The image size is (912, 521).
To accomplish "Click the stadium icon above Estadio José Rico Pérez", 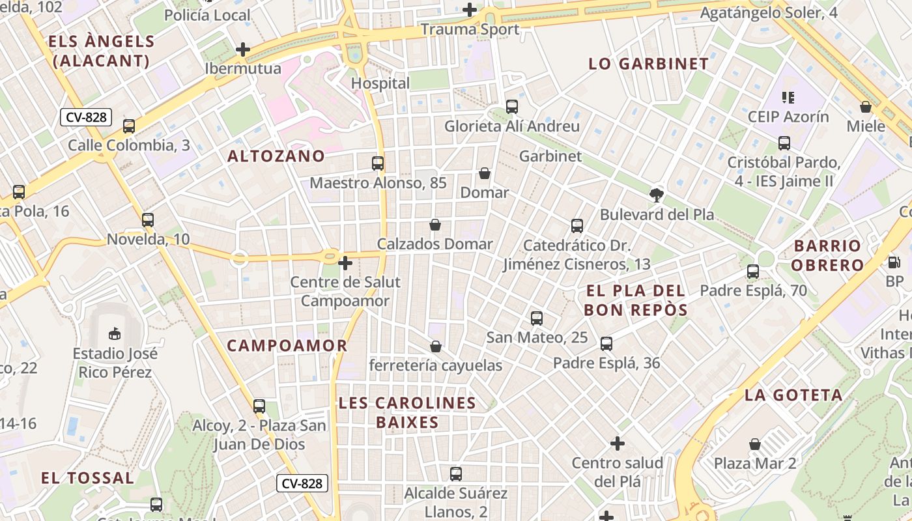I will (115, 334).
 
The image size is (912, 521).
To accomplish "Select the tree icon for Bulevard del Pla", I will (657, 194).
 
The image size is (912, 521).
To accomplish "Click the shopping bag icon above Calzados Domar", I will (435, 225).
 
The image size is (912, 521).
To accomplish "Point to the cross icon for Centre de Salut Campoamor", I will (345, 263).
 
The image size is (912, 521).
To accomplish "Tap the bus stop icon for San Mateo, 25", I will (537, 318).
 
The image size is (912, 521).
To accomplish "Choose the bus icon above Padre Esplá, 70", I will (753, 272).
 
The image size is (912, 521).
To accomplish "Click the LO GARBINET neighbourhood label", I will (648, 64).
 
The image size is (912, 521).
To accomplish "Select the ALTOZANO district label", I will (276, 156).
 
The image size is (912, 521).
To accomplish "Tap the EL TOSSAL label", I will (87, 478).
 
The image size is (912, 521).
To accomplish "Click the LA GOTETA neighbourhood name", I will (793, 395).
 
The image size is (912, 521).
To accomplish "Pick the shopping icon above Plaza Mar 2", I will (755, 444).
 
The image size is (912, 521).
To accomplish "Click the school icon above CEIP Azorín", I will (788, 98).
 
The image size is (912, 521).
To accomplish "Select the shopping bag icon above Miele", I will (866, 107).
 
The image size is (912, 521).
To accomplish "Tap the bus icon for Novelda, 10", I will (148, 220).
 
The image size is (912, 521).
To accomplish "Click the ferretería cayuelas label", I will (436, 365).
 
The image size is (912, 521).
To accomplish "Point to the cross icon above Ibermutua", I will (243, 49).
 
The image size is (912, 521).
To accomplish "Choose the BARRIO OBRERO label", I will (828, 255).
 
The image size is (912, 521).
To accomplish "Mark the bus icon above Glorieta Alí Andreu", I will (512, 107).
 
